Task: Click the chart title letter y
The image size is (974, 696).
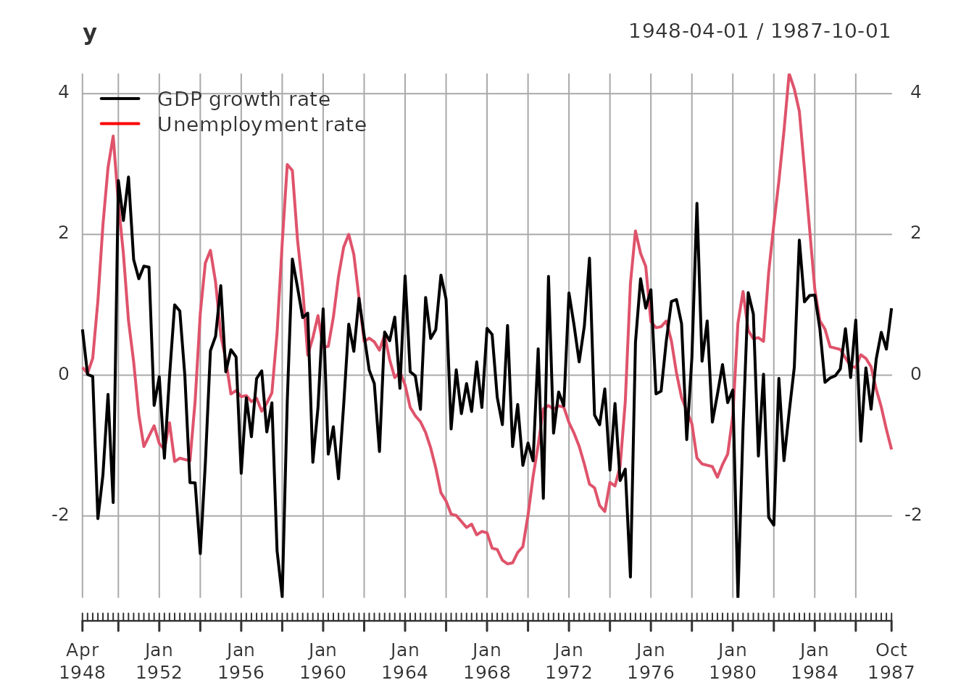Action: click(x=90, y=33)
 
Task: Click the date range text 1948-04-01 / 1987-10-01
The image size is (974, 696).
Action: click(x=759, y=31)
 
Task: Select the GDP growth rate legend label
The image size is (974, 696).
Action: click(x=243, y=99)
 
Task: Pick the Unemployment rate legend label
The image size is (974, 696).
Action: click(x=262, y=125)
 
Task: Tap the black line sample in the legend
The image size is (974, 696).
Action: click(x=120, y=99)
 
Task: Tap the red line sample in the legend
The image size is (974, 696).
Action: click(x=120, y=124)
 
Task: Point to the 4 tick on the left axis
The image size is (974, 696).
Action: click(x=64, y=92)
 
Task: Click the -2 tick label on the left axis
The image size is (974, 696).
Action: click(x=60, y=515)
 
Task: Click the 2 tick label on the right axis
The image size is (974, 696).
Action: click(x=916, y=233)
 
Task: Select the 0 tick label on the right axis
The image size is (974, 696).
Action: click(x=916, y=374)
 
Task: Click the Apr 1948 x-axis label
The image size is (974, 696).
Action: click(x=82, y=661)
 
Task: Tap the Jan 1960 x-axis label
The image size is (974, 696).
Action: click(x=322, y=661)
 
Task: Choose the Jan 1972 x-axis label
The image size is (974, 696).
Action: click(x=569, y=661)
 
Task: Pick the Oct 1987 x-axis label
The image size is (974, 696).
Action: click(x=891, y=661)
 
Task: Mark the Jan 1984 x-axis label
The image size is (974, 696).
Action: click(x=815, y=661)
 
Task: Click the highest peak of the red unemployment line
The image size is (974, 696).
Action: click(x=789, y=74)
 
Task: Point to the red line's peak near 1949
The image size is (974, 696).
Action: click(x=113, y=136)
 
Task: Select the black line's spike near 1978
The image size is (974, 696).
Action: click(x=696, y=204)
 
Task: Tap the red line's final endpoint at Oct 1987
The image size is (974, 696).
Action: click(x=891, y=449)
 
